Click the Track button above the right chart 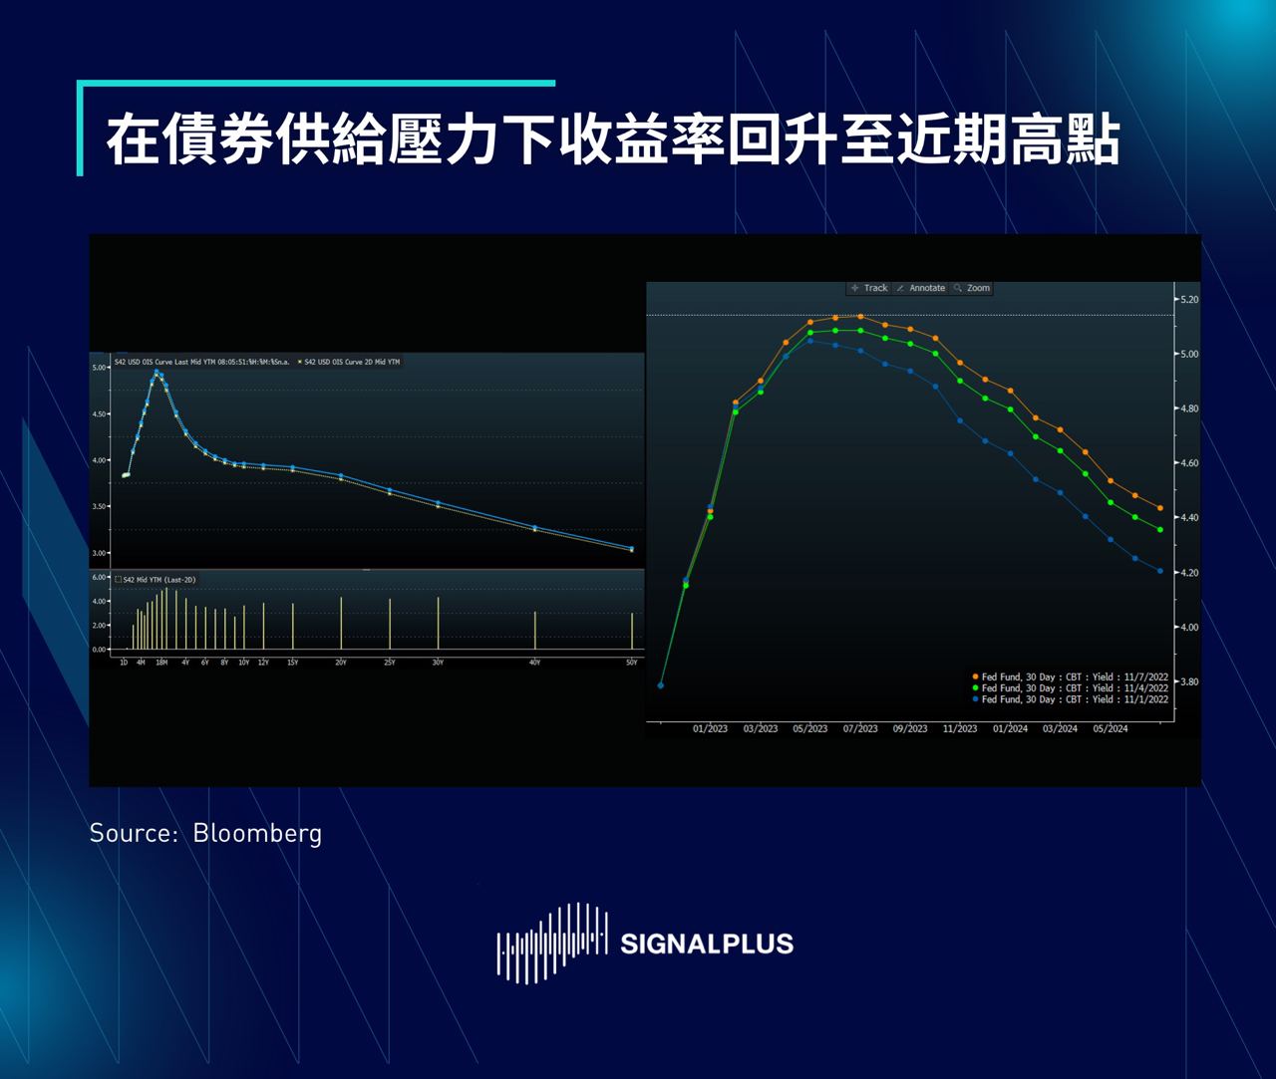[x=869, y=288]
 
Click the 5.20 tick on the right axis [x=1187, y=299]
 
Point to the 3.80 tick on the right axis [x=1187, y=682]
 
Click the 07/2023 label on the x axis [x=860, y=728]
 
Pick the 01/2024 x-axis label [x=1010, y=728]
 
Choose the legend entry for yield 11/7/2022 [x=1070, y=677]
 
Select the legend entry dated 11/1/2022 [x=1070, y=699]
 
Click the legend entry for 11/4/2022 [x=1070, y=688]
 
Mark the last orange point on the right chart [x=1160, y=508]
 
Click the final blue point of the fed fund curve [x=1160, y=571]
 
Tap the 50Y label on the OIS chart [x=631, y=663]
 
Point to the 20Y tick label [x=341, y=663]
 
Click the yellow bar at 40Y [x=535, y=631]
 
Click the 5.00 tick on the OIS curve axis [x=100, y=368]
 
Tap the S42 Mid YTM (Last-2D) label [x=156, y=579]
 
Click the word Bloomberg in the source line [x=257, y=833]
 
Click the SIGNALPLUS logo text [x=706, y=944]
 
